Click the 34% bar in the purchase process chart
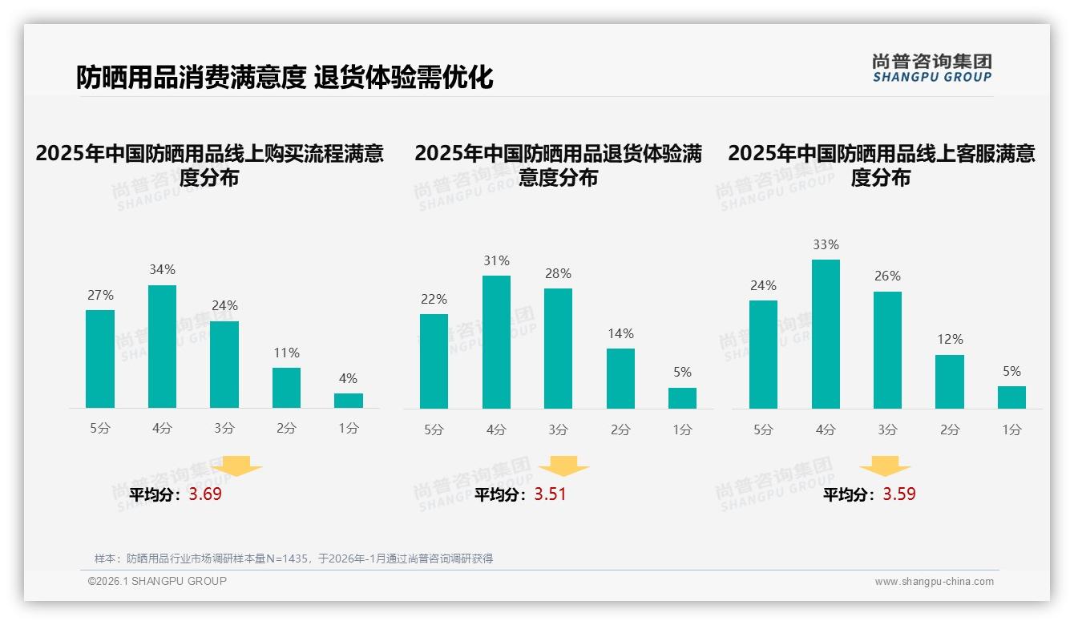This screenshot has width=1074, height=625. click(162, 346)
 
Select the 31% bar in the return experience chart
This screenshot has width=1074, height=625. click(496, 342)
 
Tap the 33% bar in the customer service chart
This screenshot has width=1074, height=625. click(826, 334)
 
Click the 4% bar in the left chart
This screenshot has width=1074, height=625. click(349, 401)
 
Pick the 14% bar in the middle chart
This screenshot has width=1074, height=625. click(620, 378)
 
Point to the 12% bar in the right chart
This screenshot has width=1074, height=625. click(950, 381)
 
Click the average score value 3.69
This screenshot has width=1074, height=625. click(205, 494)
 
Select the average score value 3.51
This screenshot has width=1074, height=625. click(550, 494)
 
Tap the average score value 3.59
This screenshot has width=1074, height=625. click(899, 494)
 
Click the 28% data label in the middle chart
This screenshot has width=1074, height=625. click(558, 274)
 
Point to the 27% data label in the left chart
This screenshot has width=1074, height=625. click(100, 296)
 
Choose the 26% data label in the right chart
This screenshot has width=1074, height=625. click(887, 276)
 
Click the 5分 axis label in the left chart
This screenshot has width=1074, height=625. click(100, 429)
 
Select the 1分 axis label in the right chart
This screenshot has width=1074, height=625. click(1011, 430)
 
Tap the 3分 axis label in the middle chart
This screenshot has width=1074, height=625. click(558, 430)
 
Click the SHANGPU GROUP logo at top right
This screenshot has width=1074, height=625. click(931, 68)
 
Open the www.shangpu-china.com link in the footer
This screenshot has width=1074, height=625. click(934, 582)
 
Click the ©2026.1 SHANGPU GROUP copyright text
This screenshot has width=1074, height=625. click(157, 581)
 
